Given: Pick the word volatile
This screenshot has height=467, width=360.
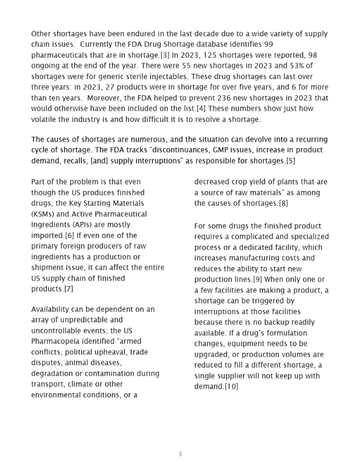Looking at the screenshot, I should click(x=47, y=120).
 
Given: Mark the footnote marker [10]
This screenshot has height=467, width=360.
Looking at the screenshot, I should click(x=230, y=387).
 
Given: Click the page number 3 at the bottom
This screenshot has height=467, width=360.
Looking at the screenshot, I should click(x=180, y=455).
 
